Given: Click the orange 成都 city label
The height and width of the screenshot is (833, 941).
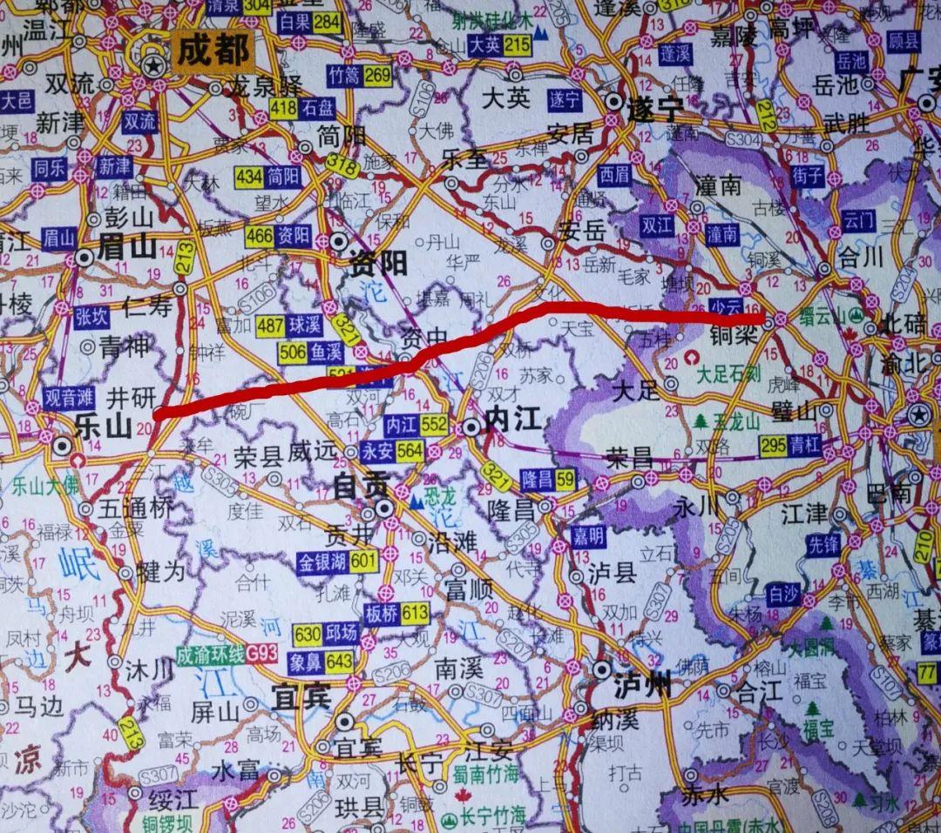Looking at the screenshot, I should pos(213,50).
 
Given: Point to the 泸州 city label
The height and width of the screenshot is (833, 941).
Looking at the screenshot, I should pos(641,686).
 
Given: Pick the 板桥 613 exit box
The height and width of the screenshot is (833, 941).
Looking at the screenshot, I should pos(396,613).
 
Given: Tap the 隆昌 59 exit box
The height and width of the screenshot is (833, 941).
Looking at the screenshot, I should pos(547,477).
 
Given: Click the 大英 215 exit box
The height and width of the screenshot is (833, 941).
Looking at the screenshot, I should pos(499,45).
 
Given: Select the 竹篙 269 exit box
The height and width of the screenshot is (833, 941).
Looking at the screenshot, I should pos(361,76).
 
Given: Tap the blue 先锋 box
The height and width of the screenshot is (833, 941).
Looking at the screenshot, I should pos(822,545).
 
